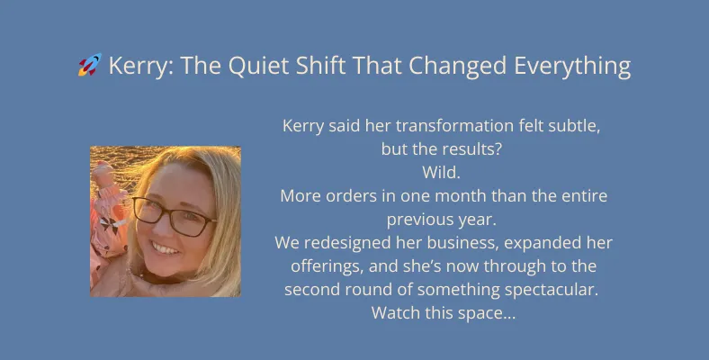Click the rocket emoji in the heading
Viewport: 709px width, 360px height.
point(90,65)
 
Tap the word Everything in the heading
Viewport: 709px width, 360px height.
point(572,67)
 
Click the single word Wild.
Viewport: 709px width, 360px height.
point(441,172)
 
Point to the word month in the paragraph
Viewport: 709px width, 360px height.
point(455,196)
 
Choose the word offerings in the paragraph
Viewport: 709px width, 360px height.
point(327,266)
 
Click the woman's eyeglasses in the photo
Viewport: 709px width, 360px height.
point(174,217)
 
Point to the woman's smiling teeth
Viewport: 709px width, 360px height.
point(164,248)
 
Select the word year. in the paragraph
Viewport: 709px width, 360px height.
point(477,220)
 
